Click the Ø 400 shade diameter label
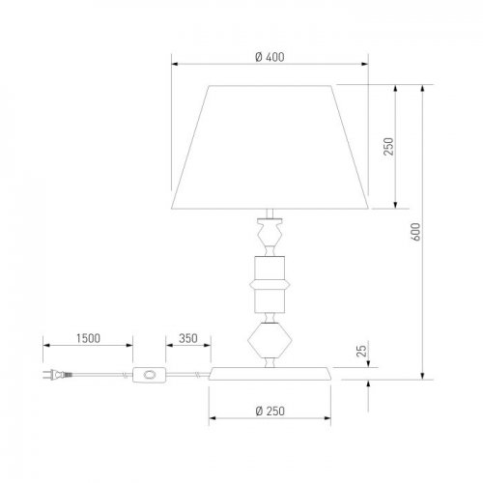[x=270, y=57]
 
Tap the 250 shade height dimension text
[x=388, y=147]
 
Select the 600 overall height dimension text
[x=415, y=232]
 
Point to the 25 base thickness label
[x=361, y=351]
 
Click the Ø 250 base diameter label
[x=270, y=412]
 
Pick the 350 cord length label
[x=188, y=338]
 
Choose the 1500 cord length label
[x=88, y=338]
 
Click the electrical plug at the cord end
[x=57, y=375]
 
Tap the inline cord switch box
[x=149, y=375]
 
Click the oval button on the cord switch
[x=150, y=375]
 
